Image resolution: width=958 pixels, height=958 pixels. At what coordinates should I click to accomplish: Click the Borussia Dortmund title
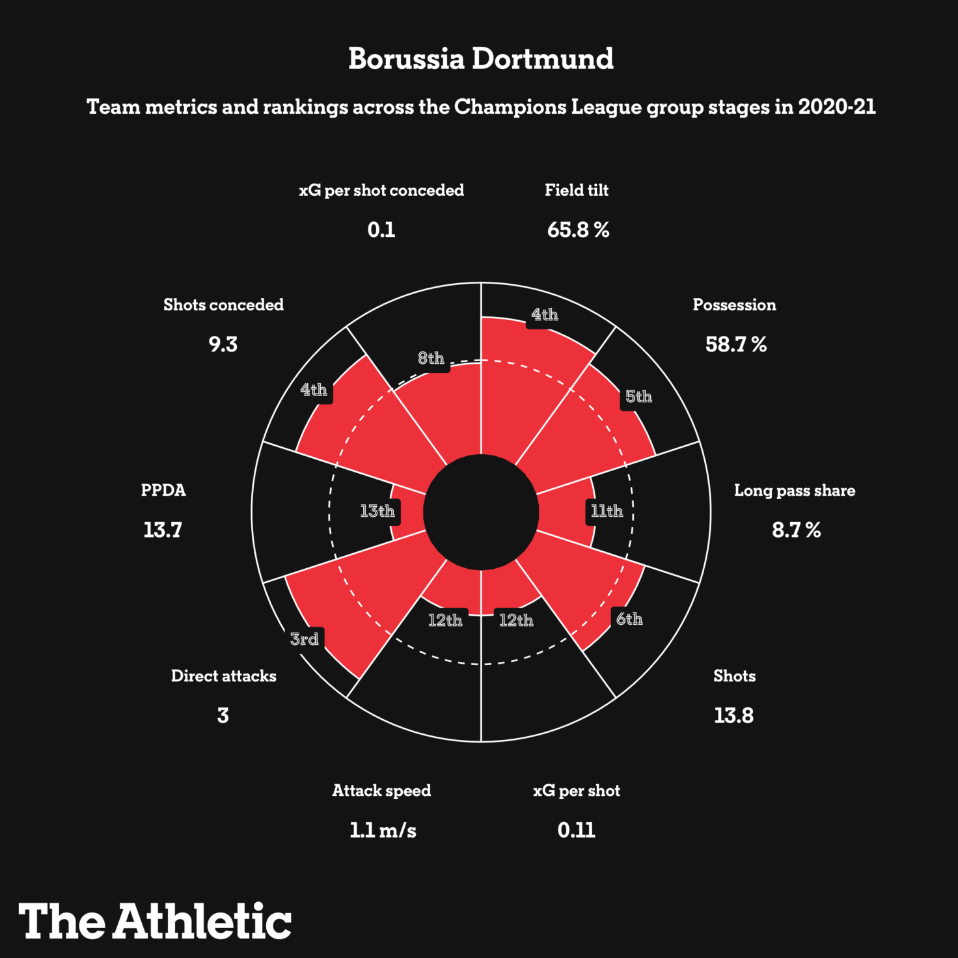(480, 59)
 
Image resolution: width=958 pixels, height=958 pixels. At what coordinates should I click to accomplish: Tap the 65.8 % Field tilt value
(578, 230)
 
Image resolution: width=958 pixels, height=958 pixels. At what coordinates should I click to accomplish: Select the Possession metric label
(734, 305)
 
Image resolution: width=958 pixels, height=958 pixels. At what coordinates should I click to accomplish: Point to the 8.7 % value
(796, 530)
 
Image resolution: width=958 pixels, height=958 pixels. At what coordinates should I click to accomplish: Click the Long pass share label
(795, 490)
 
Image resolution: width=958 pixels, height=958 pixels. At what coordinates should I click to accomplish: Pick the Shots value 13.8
(733, 715)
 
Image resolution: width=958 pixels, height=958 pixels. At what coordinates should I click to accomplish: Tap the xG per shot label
(577, 791)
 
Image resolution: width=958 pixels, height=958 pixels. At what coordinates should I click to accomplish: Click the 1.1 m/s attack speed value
(383, 830)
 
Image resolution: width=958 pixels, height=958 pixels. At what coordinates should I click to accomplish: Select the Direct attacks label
(223, 676)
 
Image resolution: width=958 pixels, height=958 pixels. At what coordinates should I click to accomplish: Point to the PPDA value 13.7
(163, 530)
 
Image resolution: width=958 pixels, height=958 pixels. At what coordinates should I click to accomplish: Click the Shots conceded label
(223, 305)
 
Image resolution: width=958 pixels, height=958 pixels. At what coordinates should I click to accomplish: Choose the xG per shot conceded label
(381, 190)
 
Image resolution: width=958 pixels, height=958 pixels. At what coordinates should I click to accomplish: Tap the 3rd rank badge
(305, 639)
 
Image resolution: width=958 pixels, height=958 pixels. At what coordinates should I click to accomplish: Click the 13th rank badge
(377, 512)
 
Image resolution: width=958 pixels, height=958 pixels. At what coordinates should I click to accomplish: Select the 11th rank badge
(607, 512)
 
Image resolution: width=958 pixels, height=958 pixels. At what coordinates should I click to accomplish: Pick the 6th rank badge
(629, 619)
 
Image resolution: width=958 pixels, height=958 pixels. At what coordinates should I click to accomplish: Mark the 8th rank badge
(431, 359)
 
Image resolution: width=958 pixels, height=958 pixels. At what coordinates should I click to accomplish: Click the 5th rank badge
(638, 397)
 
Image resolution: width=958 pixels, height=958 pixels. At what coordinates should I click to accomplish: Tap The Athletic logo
(155, 922)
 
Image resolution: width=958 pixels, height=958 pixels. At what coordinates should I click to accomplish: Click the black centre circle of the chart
(481, 512)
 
